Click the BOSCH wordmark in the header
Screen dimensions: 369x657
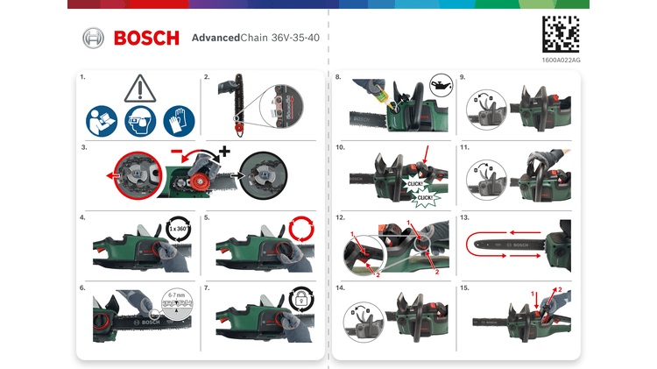(x=146, y=39)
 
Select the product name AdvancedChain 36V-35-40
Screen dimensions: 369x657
(x=255, y=39)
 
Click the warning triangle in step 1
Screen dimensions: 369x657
(x=139, y=89)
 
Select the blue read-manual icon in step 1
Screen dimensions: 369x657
(x=101, y=119)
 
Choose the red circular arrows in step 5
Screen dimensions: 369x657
(x=300, y=231)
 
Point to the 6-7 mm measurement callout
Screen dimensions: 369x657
(x=178, y=302)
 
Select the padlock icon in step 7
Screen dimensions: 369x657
(x=300, y=301)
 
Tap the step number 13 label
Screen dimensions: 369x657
(x=465, y=216)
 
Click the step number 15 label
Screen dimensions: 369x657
(x=465, y=287)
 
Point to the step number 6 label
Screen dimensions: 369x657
(x=81, y=287)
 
